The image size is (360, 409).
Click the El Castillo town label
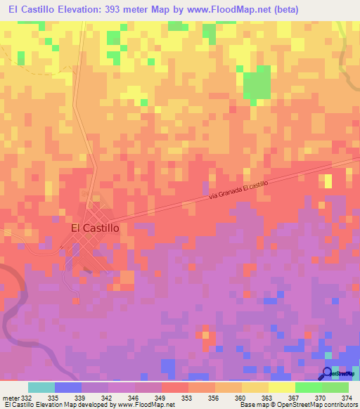(95, 228)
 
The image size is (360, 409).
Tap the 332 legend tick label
(27, 398)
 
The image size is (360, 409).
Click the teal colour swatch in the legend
(41, 387)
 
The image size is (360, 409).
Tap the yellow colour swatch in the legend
(281, 387)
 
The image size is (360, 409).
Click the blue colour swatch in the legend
(68, 387)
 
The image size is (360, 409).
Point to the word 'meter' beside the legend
(10, 398)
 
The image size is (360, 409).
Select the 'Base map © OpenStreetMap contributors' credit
(297, 405)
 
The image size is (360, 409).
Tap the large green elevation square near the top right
(257, 83)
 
